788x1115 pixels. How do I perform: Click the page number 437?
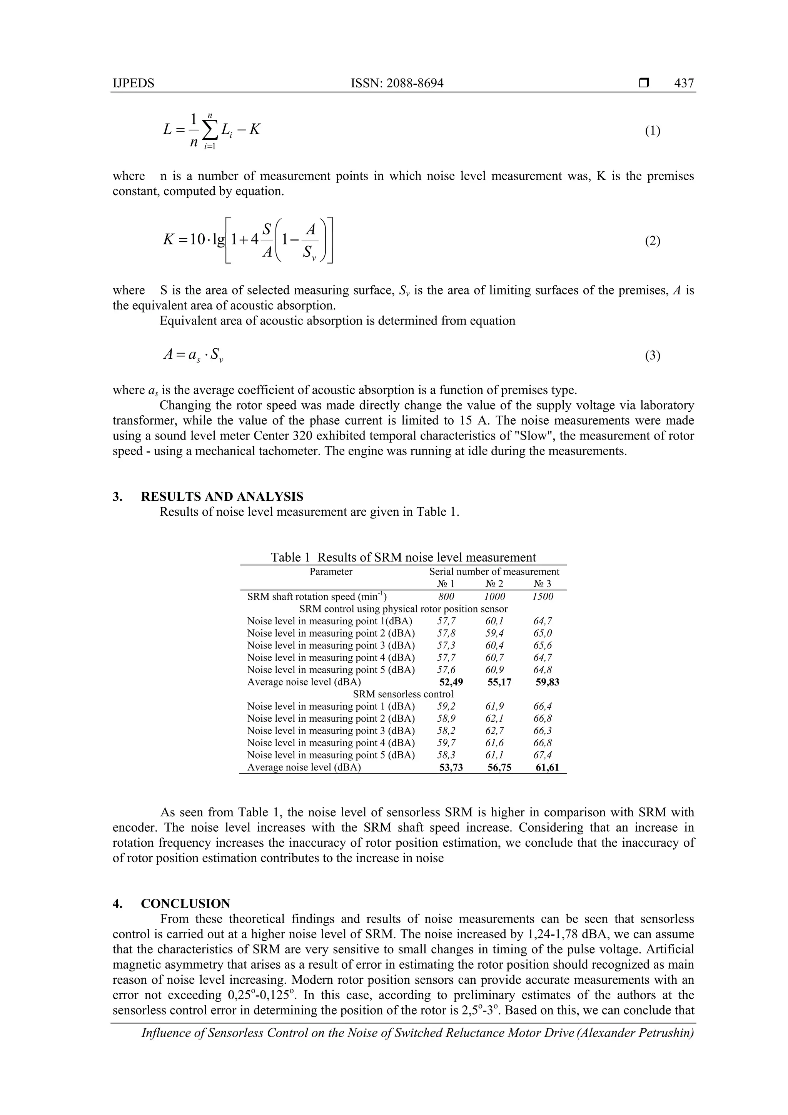[x=684, y=83]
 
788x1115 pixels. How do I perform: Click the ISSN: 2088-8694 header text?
[x=397, y=83]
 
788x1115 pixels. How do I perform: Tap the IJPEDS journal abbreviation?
[x=133, y=83]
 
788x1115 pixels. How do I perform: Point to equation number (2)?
[x=652, y=241]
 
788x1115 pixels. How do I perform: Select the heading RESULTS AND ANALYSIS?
[x=222, y=496]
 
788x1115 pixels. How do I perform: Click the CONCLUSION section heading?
[x=185, y=904]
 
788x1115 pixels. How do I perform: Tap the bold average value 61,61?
[x=547, y=767]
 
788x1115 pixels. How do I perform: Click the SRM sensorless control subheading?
[x=403, y=694]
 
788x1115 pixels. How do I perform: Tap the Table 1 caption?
[x=403, y=557]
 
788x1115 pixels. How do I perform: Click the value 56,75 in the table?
[x=499, y=767]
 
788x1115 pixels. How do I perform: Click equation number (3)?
[x=652, y=356]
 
